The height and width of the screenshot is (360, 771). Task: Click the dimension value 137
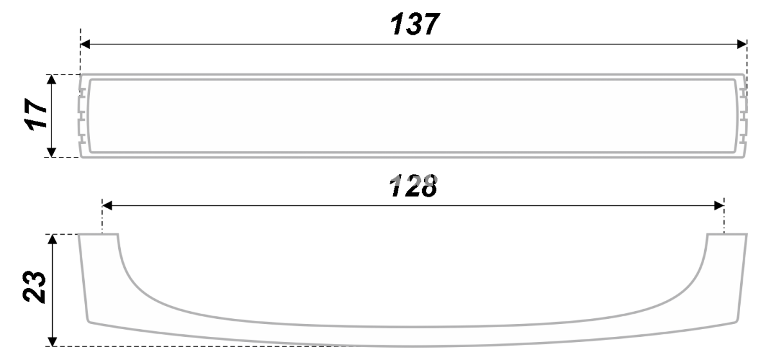(415, 24)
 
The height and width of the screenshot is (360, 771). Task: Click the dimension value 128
(413, 186)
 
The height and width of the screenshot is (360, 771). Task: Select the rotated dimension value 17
(35, 114)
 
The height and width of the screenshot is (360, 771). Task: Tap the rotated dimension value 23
(34, 287)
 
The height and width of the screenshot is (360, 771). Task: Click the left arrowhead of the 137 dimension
(85, 44)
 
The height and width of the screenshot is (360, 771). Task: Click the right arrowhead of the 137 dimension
(742, 44)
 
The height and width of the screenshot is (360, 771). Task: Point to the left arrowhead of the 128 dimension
(107, 206)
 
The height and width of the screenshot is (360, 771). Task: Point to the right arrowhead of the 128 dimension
(720, 206)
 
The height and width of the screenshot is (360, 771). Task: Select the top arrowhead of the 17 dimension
(51, 79)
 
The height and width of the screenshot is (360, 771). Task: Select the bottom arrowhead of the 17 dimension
(51, 152)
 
